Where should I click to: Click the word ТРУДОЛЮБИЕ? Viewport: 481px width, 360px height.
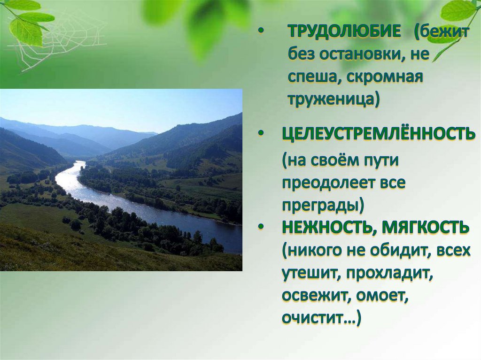pyautogui.click(x=344, y=31)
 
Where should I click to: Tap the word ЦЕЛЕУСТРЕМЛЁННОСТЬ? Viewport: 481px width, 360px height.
pyautogui.click(x=379, y=134)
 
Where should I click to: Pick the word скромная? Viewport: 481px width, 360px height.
pyautogui.click(x=385, y=77)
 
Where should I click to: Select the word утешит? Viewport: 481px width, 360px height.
pyautogui.click(x=311, y=274)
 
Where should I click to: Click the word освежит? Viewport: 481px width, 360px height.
pyautogui.click(x=316, y=297)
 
